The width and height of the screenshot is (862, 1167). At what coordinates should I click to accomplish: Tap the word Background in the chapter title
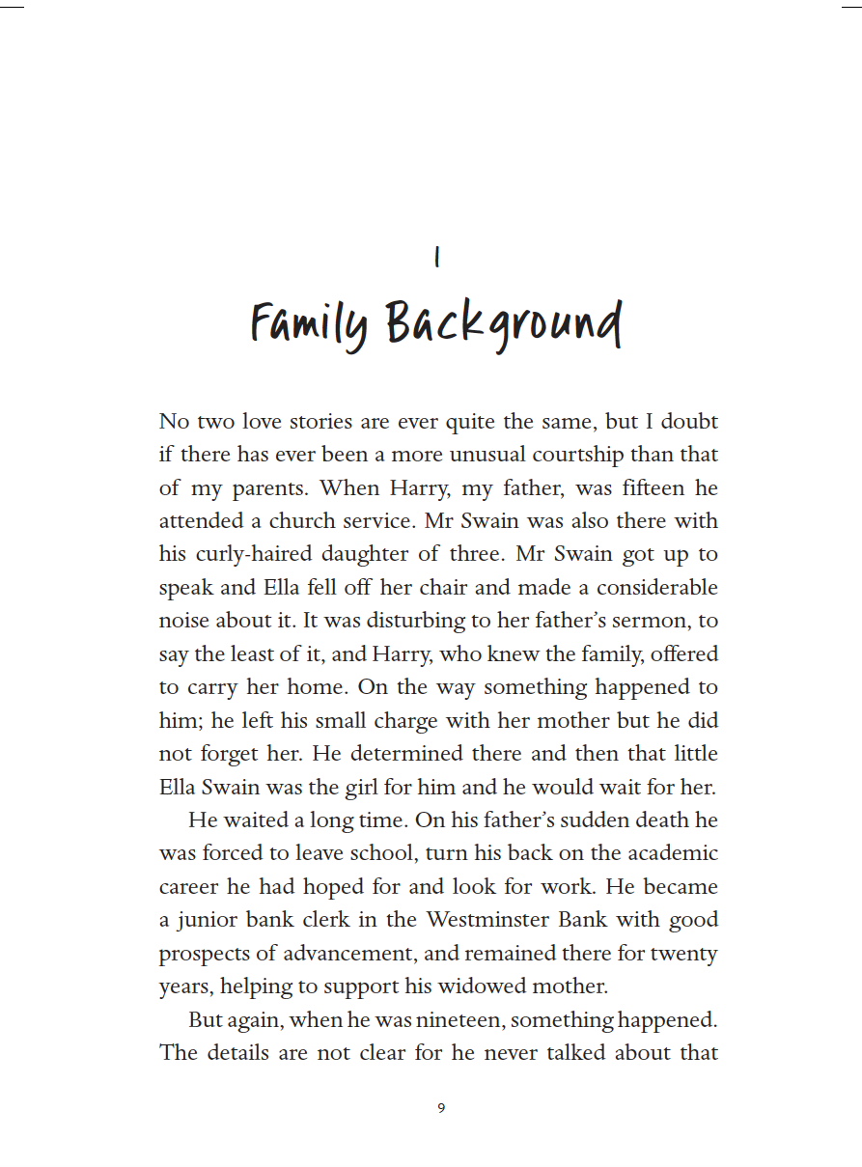click(x=504, y=323)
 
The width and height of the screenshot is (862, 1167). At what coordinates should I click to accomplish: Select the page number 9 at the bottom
click(x=441, y=1108)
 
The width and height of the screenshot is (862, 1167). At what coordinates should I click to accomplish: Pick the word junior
click(x=208, y=920)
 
